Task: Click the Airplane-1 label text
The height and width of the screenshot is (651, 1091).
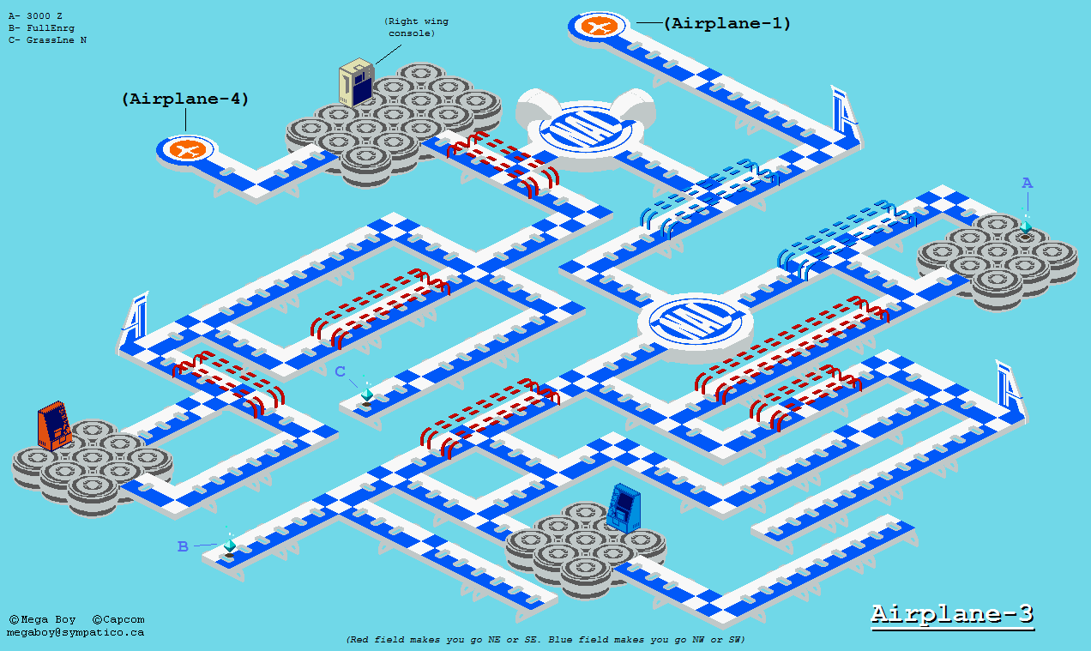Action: pos(727,23)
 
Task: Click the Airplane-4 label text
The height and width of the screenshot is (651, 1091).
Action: pos(185,99)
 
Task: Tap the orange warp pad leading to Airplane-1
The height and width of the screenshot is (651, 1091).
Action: pos(599,27)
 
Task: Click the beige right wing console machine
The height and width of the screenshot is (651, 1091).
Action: pos(357,82)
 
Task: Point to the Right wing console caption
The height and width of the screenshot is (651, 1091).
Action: pos(417,27)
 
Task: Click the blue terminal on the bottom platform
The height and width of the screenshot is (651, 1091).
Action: pos(624,508)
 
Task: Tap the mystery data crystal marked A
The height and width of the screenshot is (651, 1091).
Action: pos(1026,227)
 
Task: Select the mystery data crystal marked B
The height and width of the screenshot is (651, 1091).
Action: pos(230,546)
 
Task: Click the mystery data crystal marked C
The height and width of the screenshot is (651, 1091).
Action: pos(367,395)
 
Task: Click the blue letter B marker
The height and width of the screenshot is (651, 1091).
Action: pos(183,546)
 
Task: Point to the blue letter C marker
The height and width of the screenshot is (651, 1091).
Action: pos(340,371)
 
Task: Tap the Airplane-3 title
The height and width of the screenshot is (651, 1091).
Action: pos(952,614)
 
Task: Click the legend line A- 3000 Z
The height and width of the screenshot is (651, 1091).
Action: pos(35,16)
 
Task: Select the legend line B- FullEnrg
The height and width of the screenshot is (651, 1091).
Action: pos(41,28)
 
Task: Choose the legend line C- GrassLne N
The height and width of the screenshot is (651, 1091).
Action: pos(47,40)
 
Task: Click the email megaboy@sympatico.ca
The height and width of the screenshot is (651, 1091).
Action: pos(75,632)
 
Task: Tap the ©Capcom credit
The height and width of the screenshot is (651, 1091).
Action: pos(118,619)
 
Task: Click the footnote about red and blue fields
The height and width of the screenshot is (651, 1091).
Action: pos(545,639)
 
